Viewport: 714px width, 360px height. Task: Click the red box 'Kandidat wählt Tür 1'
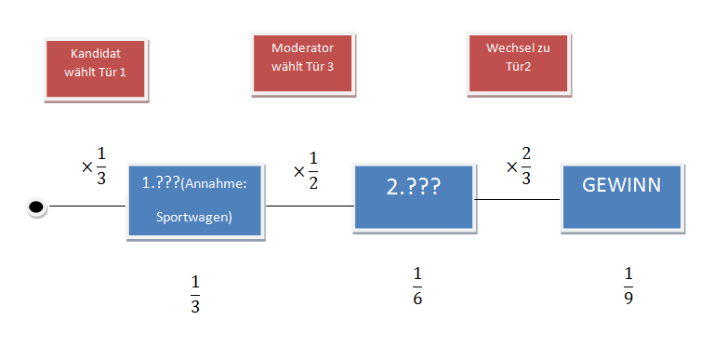pyautogui.click(x=97, y=68)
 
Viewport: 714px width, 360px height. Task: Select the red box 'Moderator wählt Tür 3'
pyautogui.click(x=302, y=62)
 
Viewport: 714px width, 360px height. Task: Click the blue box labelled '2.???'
pyautogui.click(x=414, y=196)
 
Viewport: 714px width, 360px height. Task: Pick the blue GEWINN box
pyautogui.click(x=621, y=196)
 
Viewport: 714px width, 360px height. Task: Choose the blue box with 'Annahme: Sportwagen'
pyautogui.click(x=196, y=203)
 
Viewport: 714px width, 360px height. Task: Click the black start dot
pyautogui.click(x=37, y=207)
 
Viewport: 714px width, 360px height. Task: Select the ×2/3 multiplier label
pyautogui.click(x=519, y=166)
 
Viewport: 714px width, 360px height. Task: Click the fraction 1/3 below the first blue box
pyautogui.click(x=195, y=294)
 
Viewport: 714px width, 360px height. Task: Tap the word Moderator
pyautogui.click(x=302, y=48)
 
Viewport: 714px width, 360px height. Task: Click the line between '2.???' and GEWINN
pyautogui.click(x=517, y=199)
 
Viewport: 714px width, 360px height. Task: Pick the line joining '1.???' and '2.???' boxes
pyautogui.click(x=310, y=206)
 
